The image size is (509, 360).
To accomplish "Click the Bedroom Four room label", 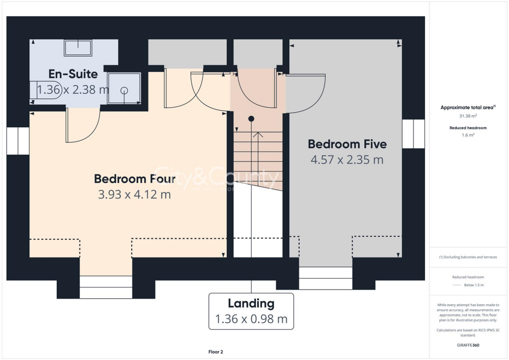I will tap(135, 179).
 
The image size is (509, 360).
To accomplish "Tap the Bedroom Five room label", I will tap(347, 144).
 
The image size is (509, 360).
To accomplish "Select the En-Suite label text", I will tap(73, 74).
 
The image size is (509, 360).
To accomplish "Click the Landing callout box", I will tap(251, 311).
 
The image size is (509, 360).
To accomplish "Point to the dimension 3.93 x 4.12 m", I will tap(135, 194).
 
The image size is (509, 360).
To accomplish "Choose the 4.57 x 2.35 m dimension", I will tap(347, 160).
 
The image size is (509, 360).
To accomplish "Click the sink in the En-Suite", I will tap(78, 48).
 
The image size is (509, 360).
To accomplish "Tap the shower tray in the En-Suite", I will tap(124, 89).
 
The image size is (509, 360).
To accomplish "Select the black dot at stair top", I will tap(251, 118).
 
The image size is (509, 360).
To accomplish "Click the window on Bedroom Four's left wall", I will tap(18, 141).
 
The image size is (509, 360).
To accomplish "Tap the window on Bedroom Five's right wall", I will tap(414, 134).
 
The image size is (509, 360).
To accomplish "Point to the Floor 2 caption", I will tap(216, 352).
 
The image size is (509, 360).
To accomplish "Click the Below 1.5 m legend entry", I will tap(474, 285).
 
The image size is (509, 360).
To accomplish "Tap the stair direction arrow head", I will tap(257, 134).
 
